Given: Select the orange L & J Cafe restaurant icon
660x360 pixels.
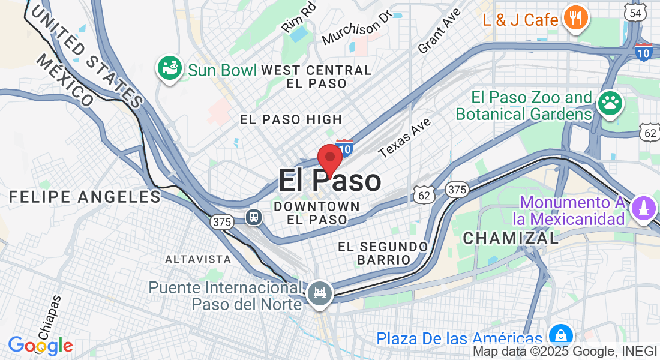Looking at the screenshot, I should [575, 19].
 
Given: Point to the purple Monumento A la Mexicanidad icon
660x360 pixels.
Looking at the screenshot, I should [644, 209].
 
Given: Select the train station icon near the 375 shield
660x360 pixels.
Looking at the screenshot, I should [255, 217].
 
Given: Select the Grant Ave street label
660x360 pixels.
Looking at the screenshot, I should [440, 31].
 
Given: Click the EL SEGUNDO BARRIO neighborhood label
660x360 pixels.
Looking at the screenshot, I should [383, 253].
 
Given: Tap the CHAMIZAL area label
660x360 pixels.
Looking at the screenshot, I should [511, 238].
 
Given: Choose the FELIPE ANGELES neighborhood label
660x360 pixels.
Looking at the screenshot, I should [85, 196].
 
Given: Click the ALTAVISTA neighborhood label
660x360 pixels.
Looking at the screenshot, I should [198, 259].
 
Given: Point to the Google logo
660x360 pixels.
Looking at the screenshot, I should [40, 346].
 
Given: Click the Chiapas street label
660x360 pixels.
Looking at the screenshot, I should [49, 317].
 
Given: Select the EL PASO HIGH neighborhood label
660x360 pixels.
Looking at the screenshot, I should [291, 119].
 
